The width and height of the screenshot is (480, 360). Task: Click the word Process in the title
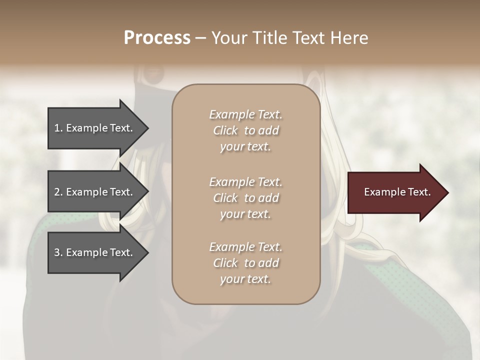(x=157, y=38)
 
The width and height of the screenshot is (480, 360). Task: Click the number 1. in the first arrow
(x=58, y=128)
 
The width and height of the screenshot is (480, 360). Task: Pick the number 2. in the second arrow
(x=58, y=192)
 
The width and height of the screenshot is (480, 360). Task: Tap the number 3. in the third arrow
(x=58, y=252)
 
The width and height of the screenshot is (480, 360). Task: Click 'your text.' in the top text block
(x=245, y=147)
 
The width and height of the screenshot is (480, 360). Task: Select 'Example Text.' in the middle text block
(x=245, y=182)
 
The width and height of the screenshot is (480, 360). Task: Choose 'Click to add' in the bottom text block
(x=245, y=263)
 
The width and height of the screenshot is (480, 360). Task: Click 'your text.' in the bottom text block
(x=245, y=279)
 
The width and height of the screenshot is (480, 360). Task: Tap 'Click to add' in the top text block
(x=245, y=131)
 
